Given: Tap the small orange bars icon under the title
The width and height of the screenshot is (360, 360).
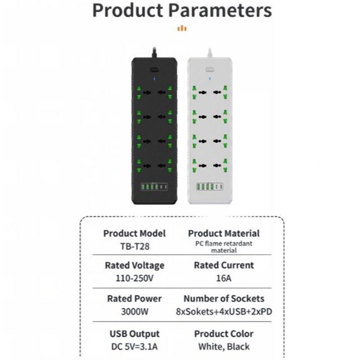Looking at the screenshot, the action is (182, 28).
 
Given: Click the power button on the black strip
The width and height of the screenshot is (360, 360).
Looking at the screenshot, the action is (155, 71).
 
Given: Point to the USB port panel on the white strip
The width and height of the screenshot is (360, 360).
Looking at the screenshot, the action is (210, 187).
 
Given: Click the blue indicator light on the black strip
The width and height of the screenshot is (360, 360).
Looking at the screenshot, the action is (155, 79).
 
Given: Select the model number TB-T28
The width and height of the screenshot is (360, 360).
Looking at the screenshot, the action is (134, 245).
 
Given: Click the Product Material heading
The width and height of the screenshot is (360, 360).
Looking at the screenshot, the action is (223, 233).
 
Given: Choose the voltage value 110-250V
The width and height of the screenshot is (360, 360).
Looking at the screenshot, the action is (134, 276).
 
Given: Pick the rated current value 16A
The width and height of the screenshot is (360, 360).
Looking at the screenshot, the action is (223, 277).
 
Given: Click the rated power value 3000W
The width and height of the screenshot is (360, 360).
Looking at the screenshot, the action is (134, 311).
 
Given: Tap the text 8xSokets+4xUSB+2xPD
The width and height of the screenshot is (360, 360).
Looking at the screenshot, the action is (223, 312).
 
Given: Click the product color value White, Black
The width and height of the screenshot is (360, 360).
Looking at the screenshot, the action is (223, 346).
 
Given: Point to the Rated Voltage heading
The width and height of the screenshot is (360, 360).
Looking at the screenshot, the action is (134, 265).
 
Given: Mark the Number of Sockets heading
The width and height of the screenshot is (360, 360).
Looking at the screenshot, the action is (223, 299).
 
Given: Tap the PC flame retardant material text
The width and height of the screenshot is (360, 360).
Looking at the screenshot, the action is (223, 247).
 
